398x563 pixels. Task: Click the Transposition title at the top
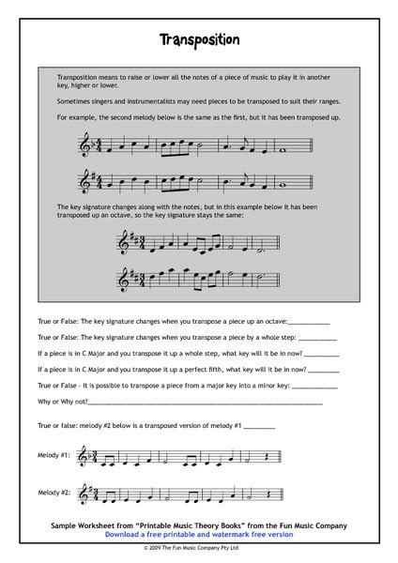[199, 40]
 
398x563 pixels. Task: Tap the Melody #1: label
[54, 455]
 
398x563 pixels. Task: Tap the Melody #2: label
[54, 491]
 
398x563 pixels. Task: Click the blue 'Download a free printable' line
[199, 533]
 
